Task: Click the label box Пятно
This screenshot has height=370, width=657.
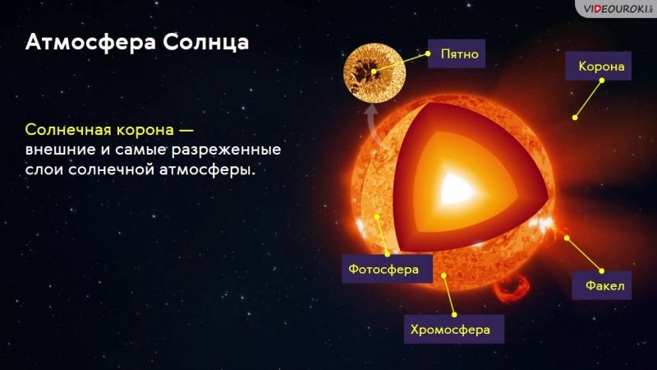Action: point(457,53)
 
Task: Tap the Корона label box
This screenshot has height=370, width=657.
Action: point(599,66)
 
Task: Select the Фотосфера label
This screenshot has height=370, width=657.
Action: point(387,269)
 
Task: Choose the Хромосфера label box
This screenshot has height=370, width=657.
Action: point(454,330)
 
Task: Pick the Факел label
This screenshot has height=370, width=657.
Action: point(602,285)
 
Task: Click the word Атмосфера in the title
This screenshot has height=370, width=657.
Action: point(90,42)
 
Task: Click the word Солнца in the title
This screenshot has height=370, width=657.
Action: point(206,42)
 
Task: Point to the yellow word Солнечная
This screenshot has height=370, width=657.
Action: point(68,130)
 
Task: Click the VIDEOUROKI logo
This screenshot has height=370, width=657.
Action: point(615,8)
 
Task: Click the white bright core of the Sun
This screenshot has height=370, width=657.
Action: point(456,189)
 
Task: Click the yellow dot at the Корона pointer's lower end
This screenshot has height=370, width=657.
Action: point(576,118)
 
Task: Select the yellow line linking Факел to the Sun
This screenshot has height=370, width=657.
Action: point(584,255)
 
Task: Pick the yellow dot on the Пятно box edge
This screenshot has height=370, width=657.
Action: point(428,53)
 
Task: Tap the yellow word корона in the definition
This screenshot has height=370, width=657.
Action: point(145,131)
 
